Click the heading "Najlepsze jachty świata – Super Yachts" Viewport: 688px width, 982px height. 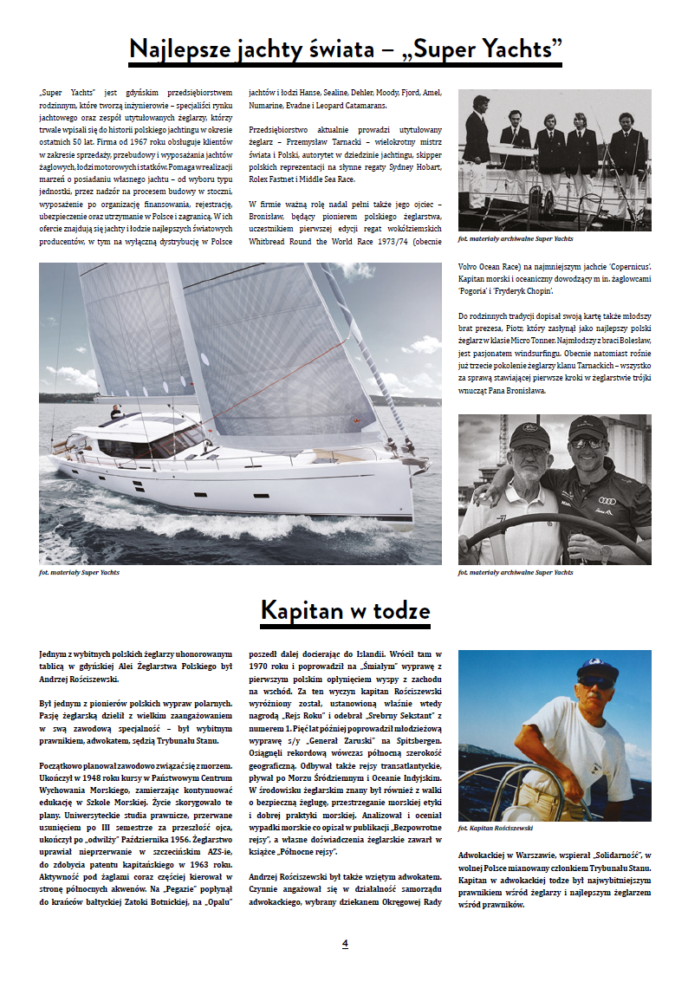point(345,49)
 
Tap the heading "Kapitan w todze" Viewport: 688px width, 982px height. point(345,611)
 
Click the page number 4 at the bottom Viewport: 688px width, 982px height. point(345,943)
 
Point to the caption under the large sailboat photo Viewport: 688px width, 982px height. point(80,573)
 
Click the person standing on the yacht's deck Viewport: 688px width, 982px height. point(115,413)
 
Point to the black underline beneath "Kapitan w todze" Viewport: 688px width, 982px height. point(345,627)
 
